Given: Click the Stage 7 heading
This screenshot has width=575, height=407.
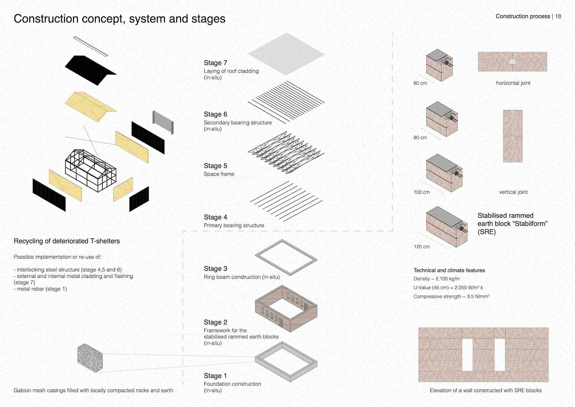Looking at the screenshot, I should click(x=215, y=63).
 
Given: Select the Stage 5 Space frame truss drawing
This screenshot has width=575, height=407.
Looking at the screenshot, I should click(x=286, y=152).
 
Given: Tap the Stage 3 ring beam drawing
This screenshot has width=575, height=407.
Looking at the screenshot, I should click(x=286, y=257).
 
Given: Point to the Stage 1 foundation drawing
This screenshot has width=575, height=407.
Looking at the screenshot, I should click(x=286, y=361).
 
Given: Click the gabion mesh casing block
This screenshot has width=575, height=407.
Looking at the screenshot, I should click(x=90, y=358).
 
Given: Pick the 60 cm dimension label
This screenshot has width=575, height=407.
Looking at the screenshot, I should click(x=420, y=83).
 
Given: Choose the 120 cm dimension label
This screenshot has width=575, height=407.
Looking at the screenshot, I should click(x=421, y=247).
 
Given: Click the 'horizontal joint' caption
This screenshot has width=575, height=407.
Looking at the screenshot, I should click(x=513, y=83).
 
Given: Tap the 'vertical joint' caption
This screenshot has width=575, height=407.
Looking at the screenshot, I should click(x=513, y=192).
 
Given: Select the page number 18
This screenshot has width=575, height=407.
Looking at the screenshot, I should click(x=558, y=16).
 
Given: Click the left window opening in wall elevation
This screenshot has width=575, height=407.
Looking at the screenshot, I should click(x=467, y=355).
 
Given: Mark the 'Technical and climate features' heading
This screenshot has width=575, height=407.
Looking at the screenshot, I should click(x=449, y=270).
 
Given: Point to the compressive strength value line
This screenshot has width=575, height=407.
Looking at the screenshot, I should click(x=451, y=296).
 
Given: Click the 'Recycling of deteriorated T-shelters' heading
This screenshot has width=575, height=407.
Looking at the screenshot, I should click(x=67, y=241).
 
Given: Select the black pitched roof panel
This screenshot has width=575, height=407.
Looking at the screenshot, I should click(x=90, y=70).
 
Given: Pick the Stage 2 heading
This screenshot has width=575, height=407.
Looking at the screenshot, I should click(x=215, y=322).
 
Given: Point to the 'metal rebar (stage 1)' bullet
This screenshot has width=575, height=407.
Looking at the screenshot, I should click(x=41, y=289).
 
